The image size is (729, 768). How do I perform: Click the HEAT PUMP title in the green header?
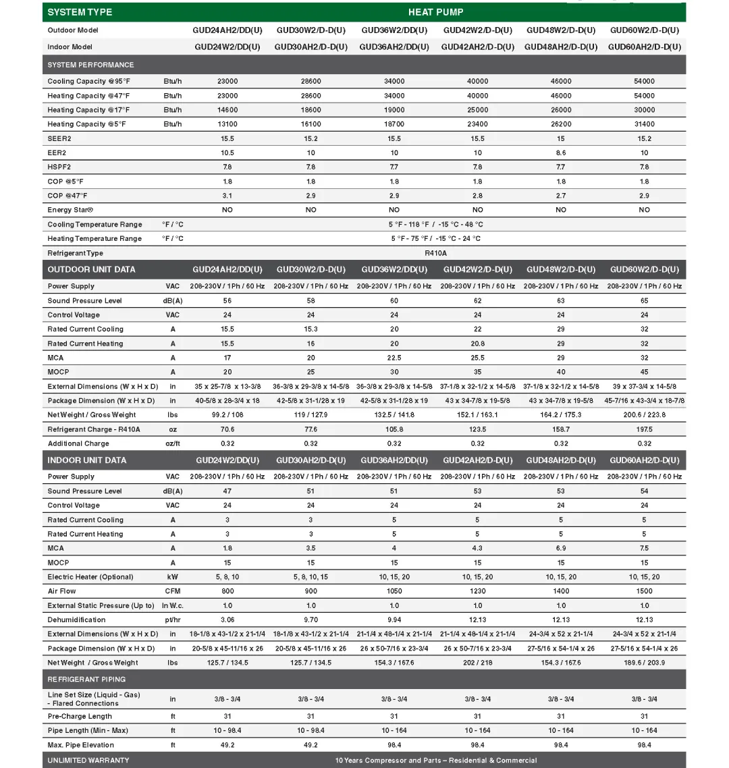(435, 12)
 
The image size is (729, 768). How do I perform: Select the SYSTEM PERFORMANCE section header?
(90, 65)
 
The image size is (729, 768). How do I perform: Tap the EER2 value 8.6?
(561, 153)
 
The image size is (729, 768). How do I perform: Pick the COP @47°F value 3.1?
(227, 196)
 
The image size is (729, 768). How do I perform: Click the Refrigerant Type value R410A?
(435, 253)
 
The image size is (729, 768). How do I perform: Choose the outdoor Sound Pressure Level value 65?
(644, 301)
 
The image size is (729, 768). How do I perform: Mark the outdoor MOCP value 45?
(644, 372)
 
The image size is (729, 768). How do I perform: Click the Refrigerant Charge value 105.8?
(394, 429)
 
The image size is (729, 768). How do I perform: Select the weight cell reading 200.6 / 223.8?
(644, 415)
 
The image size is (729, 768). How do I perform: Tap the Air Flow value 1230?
(477, 591)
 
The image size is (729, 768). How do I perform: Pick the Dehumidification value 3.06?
(227, 620)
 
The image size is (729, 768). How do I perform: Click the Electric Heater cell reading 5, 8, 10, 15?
(310, 577)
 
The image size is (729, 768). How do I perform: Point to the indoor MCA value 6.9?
(561, 549)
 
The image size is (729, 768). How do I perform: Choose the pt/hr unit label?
(173, 620)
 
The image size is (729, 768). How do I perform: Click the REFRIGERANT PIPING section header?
(86, 679)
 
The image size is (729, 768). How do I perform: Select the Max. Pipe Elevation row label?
(80, 745)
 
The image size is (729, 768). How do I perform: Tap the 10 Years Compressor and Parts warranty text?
(436, 761)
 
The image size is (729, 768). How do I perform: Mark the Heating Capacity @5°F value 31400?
(644, 124)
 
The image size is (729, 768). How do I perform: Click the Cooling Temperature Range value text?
(435, 225)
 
